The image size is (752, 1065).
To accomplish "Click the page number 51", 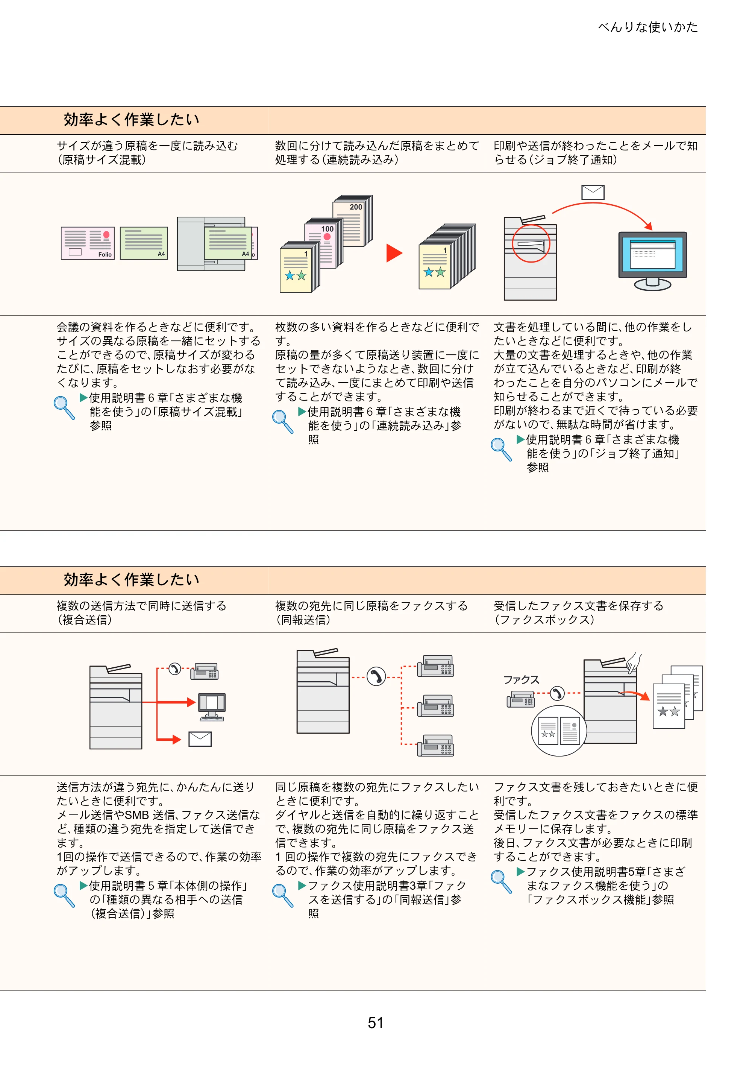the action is pyautogui.click(x=376, y=1023).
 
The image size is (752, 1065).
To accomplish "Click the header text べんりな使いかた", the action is pyautogui.click(x=648, y=27).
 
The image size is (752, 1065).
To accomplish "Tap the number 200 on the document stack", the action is pyautogui.click(x=356, y=207).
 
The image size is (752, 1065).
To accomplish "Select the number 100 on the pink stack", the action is pyautogui.click(x=327, y=229).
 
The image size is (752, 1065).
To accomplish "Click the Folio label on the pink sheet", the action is pyautogui.click(x=105, y=254).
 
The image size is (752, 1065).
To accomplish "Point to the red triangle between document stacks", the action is pyautogui.click(x=394, y=253).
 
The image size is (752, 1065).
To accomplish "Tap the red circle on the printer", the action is pyautogui.click(x=531, y=243).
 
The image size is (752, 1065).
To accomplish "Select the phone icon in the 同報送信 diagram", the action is pyautogui.click(x=376, y=677).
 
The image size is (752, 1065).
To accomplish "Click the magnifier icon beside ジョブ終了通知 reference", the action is pyautogui.click(x=501, y=450).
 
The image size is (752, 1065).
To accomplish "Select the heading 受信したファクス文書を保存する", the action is pyautogui.click(x=579, y=606).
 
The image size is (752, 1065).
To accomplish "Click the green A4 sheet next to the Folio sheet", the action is pyautogui.click(x=144, y=243).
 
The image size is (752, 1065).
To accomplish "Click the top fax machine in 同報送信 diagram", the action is pyautogui.click(x=435, y=666).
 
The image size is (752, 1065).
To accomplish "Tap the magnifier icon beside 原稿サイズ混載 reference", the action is pyautogui.click(x=64, y=408).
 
